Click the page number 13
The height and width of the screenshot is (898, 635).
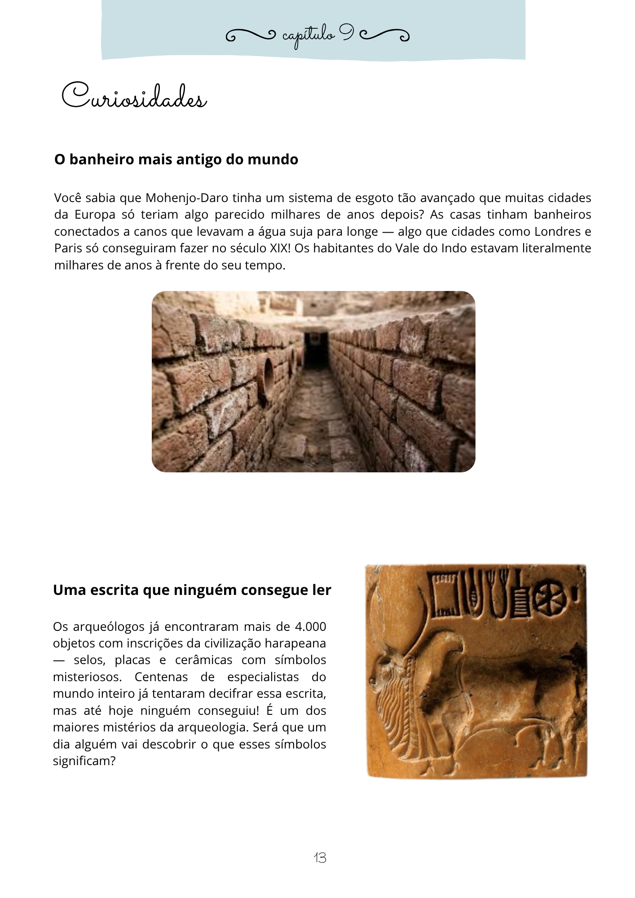click(320, 858)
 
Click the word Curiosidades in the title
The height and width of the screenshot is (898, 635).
click(134, 96)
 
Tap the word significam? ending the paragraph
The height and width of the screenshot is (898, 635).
click(84, 761)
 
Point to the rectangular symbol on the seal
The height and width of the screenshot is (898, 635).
click(445, 594)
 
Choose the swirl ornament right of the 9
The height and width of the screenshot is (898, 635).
click(385, 35)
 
